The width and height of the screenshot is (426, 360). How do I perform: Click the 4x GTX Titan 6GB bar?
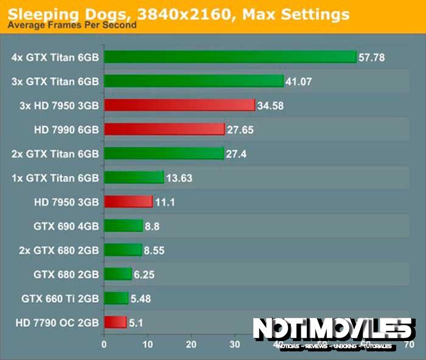pyautogui.click(x=230, y=57)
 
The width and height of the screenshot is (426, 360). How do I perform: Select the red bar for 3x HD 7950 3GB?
pyautogui.click(x=179, y=105)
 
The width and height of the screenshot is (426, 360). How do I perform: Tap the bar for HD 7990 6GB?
pyautogui.click(x=164, y=129)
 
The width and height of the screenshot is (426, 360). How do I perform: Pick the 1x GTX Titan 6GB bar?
pyautogui.click(x=134, y=178)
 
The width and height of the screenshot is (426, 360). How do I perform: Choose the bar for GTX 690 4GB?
pyautogui.click(x=124, y=226)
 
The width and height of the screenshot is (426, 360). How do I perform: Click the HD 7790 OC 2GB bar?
pyautogui.click(x=115, y=322)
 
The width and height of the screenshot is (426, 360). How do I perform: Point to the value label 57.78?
pyautogui.click(x=372, y=58)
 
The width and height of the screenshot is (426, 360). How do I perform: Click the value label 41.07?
pyautogui.click(x=299, y=81)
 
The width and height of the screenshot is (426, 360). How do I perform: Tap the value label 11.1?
pyautogui.click(x=165, y=202)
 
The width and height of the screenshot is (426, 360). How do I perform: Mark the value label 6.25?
pyautogui.click(x=144, y=274)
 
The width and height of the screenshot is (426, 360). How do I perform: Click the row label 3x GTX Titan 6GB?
pyautogui.click(x=55, y=81)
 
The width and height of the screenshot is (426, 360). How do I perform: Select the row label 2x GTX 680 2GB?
pyautogui.click(x=55, y=250)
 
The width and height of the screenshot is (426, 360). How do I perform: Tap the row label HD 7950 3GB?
pyautogui.click(x=67, y=202)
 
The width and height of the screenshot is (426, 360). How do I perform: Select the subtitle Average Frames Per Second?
pyautogui.click(x=72, y=26)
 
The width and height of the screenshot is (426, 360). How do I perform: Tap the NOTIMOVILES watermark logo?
pyautogui.click(x=332, y=331)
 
